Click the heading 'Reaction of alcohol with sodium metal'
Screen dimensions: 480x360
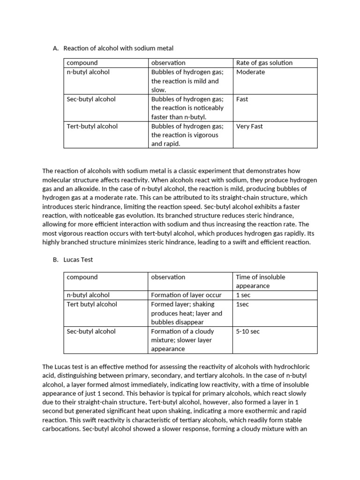[118, 48]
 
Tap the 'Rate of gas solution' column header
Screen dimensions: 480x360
[264, 63]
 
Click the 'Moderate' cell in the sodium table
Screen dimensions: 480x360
[250, 72]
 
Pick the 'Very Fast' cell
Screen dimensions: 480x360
[249, 126]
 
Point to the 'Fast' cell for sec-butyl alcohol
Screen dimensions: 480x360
[242, 99]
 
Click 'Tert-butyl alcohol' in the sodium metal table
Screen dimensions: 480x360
[92, 126]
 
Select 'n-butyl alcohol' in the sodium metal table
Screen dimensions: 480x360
[89, 72]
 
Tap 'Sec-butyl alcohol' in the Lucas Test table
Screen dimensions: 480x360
[91, 331]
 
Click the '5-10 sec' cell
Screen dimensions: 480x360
[247, 331]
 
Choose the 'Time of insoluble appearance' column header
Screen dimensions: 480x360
[260, 281]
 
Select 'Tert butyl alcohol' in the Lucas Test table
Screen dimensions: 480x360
[92, 304]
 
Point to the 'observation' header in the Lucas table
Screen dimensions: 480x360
[168, 277]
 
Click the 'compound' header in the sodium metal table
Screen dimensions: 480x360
[82, 63]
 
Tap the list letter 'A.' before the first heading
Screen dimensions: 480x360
[56, 48]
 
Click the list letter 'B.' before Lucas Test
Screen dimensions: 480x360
[56, 260]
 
